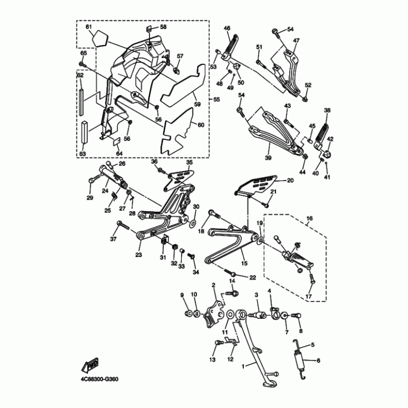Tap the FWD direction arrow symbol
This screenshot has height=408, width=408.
91,364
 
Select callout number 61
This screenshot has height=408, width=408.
88,27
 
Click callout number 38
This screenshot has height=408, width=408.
327,110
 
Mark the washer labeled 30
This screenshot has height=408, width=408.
194,223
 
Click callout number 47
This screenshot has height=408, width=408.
296,41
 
